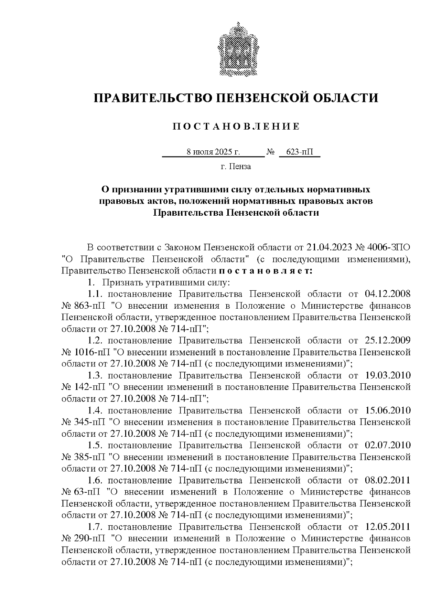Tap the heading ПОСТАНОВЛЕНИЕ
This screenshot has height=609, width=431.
click(x=236, y=126)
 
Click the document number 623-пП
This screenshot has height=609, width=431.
click(x=299, y=152)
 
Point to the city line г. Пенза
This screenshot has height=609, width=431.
click(x=236, y=167)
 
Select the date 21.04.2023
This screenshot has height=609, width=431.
click(x=330, y=248)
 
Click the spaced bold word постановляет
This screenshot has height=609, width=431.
click(x=266, y=271)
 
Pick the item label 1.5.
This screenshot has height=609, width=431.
click(x=95, y=445)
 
